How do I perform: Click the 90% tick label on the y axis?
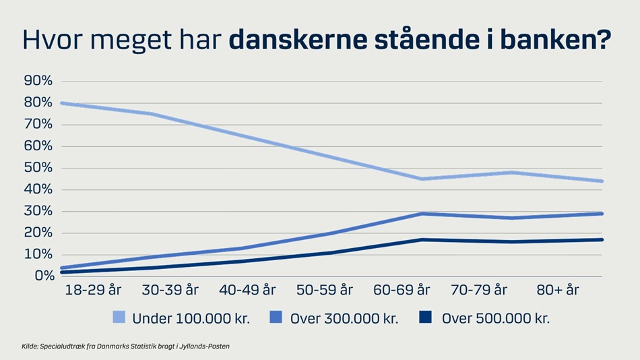click(x=38, y=80)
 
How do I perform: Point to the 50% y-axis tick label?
click(x=38, y=168)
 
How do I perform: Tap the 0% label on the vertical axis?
click(x=44, y=276)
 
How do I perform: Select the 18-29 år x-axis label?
click(x=93, y=290)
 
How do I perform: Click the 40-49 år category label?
click(x=247, y=290)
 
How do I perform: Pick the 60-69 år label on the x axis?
click(x=402, y=290)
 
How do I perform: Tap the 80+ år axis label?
click(x=558, y=290)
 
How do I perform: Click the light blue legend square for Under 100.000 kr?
click(x=119, y=318)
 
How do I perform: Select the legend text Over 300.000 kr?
click(x=344, y=318)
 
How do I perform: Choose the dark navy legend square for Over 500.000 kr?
click(x=425, y=317)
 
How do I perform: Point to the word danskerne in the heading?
click(x=298, y=39)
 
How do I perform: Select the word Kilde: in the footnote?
click(x=30, y=347)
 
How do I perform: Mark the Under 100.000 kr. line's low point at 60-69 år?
click(x=422, y=179)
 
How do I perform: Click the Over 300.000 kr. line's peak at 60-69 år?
click(x=422, y=214)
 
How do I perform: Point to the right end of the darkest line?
click(x=602, y=240)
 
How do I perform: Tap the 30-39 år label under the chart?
click(x=170, y=290)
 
